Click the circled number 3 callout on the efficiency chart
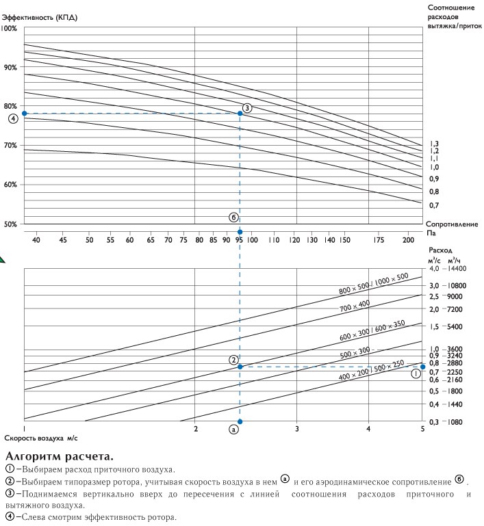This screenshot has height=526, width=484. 247,107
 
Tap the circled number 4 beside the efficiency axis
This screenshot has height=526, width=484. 13,119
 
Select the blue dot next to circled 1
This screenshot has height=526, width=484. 422,367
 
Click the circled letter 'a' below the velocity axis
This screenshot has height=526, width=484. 233,429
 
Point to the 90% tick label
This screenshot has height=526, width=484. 10,68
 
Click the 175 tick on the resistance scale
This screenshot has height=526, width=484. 379,240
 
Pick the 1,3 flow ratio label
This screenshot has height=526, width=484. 434,144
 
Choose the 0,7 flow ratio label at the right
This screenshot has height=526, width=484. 433,205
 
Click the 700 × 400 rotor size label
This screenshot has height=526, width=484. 355,306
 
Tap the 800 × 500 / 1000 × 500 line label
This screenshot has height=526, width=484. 374,283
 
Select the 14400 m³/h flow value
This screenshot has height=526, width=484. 457,268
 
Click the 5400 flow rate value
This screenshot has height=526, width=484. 455,326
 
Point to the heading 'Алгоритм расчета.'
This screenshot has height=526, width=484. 60,456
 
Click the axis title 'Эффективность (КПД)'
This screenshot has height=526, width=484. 40,17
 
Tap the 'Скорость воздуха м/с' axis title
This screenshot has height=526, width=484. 41,438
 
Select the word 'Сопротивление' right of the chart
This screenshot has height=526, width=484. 452,224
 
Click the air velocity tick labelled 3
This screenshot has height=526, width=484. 296,429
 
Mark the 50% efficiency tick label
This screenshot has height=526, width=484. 10,224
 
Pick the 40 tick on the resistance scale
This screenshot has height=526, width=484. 36,240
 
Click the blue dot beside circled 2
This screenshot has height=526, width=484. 240,367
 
